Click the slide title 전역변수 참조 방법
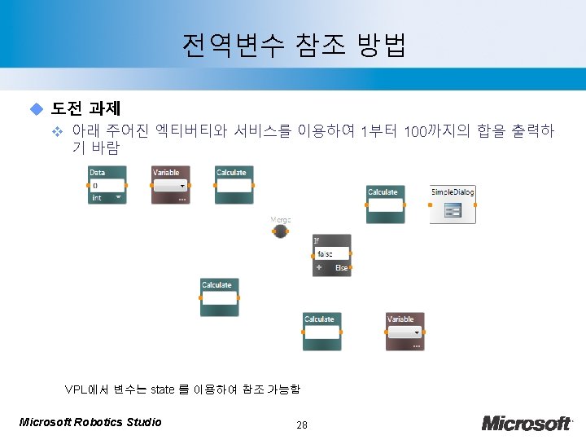coord(294,46)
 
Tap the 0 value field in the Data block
coord(106,186)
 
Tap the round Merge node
coord(280,231)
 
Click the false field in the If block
coord(332,254)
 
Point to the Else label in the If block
coord(342,268)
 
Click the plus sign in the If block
coord(319,267)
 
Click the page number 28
coord(302,424)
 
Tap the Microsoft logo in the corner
coord(527,422)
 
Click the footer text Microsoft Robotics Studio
coord(90,422)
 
